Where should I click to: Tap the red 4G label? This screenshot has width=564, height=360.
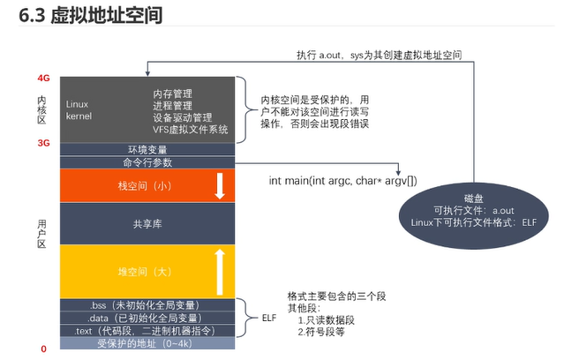coord(43,79)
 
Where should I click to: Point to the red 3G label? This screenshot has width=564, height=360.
coord(43,142)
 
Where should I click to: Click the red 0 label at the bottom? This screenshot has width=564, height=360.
coord(43,349)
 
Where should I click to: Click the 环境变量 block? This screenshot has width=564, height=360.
coord(147,149)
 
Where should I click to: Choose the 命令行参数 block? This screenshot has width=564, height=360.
coord(147,162)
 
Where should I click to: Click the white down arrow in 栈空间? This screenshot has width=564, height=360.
coord(220,186)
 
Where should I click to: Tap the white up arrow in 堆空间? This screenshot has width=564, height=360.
coord(220,271)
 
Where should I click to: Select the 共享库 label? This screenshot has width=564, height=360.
coord(147,225)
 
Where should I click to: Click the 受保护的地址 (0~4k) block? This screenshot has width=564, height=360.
coord(147,343)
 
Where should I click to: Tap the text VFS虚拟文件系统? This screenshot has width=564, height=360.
coord(190,130)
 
